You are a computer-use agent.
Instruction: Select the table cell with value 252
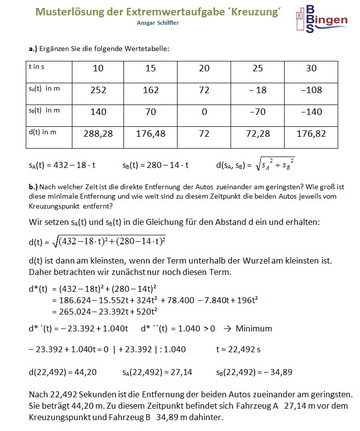(99, 90)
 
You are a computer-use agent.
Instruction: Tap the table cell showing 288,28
(99, 134)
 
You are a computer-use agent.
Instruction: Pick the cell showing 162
(151, 90)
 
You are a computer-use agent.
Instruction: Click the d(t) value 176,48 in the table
(151, 134)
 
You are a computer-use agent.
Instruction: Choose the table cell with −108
(311, 90)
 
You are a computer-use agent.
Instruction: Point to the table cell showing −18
(257, 90)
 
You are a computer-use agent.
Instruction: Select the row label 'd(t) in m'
(43, 132)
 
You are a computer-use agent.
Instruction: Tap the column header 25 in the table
(257, 68)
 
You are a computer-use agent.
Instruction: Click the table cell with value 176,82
(311, 134)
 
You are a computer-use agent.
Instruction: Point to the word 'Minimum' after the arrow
(254, 328)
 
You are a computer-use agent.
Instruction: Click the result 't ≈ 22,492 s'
(238, 349)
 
